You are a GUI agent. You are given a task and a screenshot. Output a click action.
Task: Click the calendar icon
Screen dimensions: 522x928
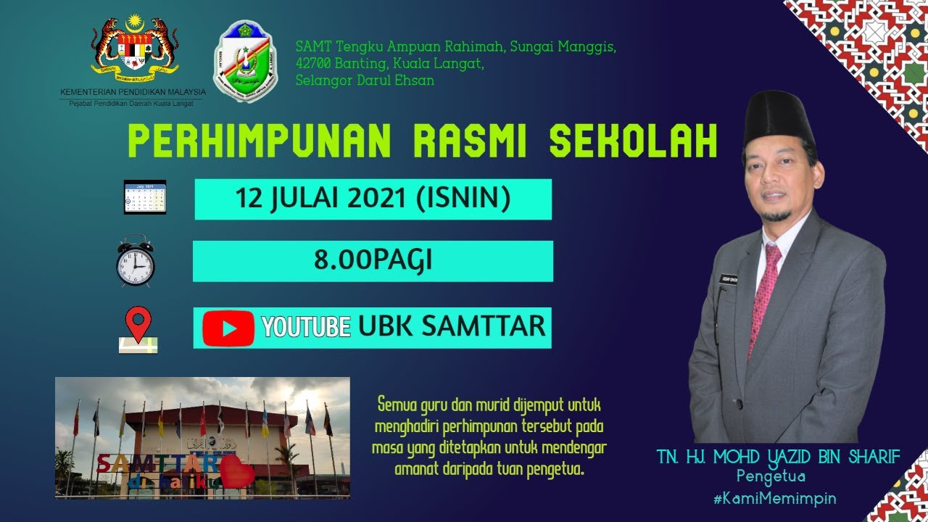(x=145, y=197)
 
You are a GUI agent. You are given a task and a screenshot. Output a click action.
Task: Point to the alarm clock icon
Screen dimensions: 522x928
(x=135, y=261)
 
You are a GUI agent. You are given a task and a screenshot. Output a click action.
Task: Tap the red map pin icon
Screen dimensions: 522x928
(x=138, y=327)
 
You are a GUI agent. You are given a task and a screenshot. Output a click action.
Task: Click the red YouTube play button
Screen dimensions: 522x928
(x=228, y=328)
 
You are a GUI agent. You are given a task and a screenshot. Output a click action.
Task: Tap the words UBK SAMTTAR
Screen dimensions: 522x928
(x=451, y=326)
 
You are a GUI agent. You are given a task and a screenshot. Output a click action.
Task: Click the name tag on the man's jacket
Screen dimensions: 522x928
(x=728, y=279)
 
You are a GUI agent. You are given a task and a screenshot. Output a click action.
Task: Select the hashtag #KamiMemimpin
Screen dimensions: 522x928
(x=775, y=498)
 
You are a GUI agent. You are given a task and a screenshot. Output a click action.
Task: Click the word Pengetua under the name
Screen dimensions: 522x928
(x=771, y=477)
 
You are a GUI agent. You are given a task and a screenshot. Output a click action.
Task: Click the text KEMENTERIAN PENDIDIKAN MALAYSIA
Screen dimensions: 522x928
(x=133, y=92)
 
